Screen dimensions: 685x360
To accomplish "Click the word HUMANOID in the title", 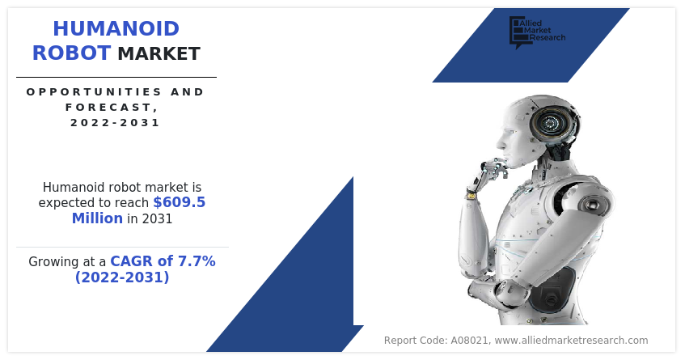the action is click(116, 29).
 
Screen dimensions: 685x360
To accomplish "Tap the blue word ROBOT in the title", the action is click(71, 53).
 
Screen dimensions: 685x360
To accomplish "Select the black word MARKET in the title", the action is click(159, 53).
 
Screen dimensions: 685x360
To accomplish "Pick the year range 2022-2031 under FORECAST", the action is click(116, 122).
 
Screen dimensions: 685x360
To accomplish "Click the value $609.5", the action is click(179, 202).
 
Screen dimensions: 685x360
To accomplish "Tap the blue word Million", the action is click(97, 218).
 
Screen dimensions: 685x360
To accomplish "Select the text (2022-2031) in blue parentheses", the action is click(122, 277).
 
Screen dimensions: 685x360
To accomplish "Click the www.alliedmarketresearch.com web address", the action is click(571, 341).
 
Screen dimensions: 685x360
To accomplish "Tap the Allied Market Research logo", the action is click(537, 32).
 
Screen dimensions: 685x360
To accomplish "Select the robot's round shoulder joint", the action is click(593, 205).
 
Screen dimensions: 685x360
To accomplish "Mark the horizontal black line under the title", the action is click(116, 78).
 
